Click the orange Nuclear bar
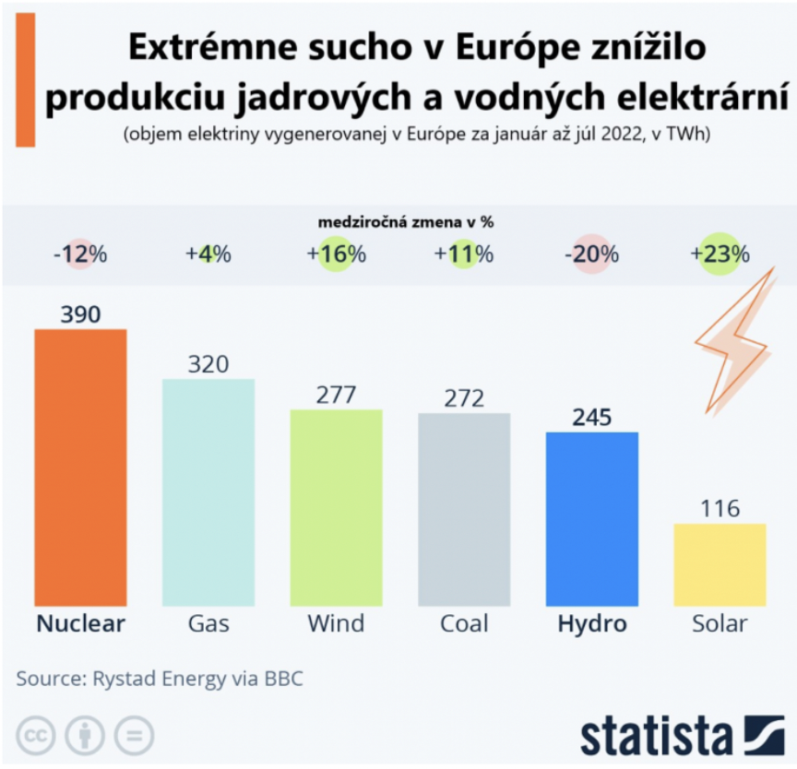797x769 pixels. coord(80,467)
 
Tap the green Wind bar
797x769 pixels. coord(336,507)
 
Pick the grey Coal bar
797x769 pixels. coord(464,509)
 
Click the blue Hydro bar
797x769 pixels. coord(592,518)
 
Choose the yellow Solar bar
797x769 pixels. coord(720,564)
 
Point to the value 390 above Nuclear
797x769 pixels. coord(80,314)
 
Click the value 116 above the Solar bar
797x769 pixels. coord(720,508)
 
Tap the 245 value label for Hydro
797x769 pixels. coord(592,417)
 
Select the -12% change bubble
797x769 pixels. coord(79,254)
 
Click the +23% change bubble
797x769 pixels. coord(720,254)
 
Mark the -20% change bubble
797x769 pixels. coord(592,254)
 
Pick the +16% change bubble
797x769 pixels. coord(337,254)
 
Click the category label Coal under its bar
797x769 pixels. coord(464,624)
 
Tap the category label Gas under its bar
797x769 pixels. coord(208,624)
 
